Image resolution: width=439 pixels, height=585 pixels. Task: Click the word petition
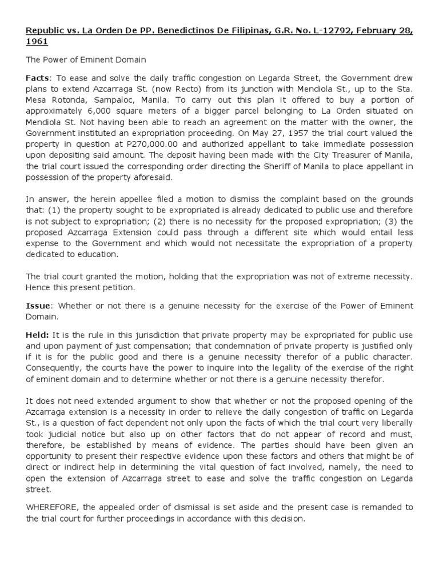(x=115, y=287)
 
